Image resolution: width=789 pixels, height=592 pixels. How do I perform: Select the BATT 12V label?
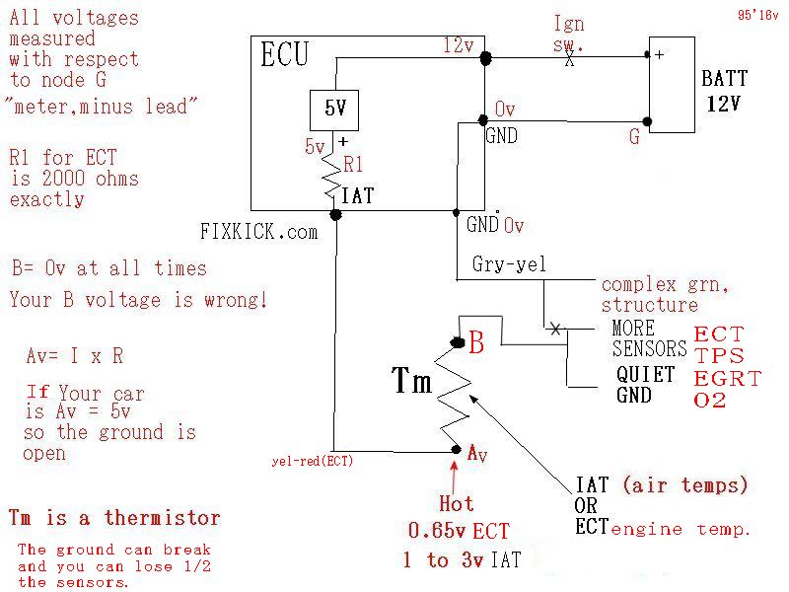(724, 92)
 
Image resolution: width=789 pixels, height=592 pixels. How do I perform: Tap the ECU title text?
(285, 55)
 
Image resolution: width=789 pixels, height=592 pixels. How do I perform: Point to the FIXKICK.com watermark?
(259, 232)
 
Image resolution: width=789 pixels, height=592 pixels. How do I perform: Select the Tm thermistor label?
(412, 381)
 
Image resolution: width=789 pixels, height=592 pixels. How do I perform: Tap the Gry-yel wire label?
(508, 265)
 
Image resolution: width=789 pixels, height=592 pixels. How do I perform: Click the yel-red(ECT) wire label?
(313, 460)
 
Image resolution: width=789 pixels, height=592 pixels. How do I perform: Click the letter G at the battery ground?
(634, 137)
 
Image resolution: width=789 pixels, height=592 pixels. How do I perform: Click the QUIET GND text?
(645, 385)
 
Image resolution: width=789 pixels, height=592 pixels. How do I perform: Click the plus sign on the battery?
(658, 55)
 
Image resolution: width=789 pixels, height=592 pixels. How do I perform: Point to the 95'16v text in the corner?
(757, 16)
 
